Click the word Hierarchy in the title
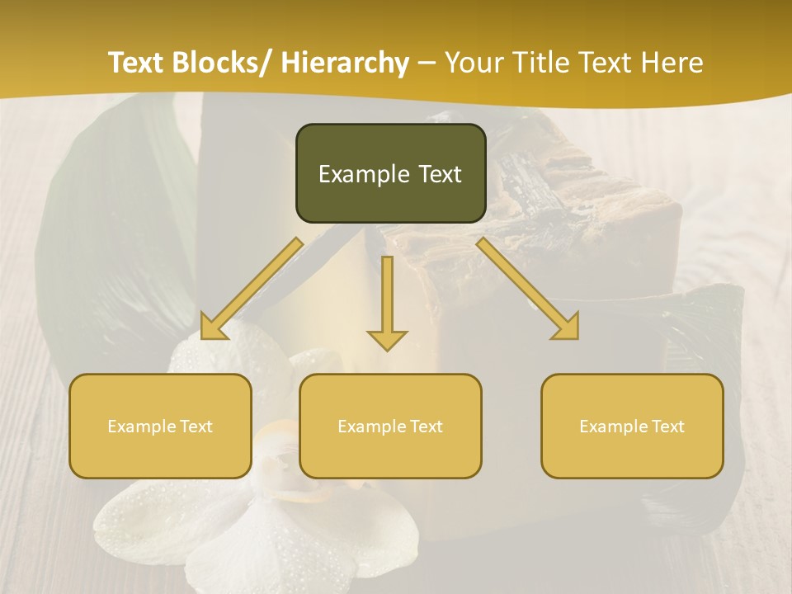[345, 63]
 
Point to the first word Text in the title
[138, 63]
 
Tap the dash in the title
[427, 63]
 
